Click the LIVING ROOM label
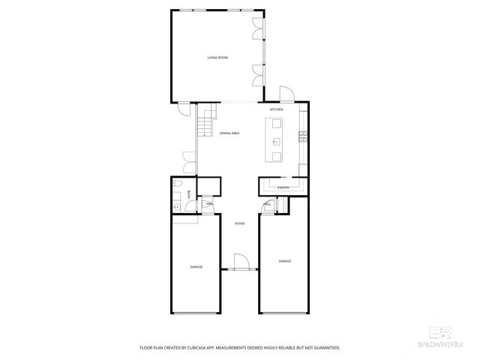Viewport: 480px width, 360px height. click(217, 58)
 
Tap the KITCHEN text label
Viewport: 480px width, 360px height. click(277, 109)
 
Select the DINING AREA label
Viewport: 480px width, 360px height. click(229, 133)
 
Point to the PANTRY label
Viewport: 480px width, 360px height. click(283, 187)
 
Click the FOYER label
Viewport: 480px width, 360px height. click(239, 223)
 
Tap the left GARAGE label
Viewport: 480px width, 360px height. click(196, 266)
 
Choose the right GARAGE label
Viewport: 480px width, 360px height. click(285, 261)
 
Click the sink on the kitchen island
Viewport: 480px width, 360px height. click(276, 140)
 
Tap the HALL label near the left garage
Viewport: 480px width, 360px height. click(210, 203)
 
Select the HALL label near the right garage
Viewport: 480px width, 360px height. click(268, 204)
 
